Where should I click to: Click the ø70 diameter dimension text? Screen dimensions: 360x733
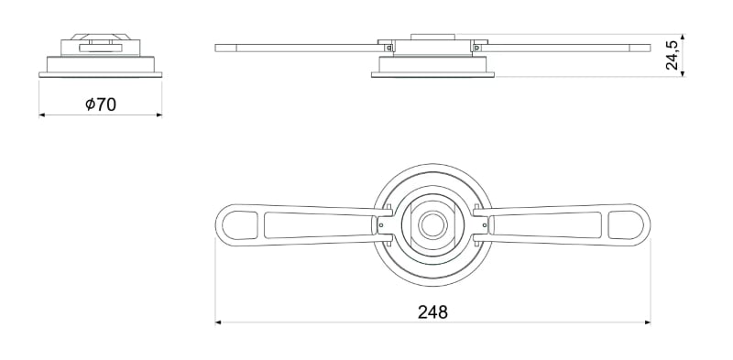point(100,104)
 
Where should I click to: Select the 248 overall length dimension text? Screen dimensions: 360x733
point(432,311)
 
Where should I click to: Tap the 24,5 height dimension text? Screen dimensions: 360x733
point(673,55)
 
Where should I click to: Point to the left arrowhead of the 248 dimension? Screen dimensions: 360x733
point(219,322)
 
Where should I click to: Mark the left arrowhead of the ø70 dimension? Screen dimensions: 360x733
point(43,115)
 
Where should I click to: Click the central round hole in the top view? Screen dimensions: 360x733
point(432,224)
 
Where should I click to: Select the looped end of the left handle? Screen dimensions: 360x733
point(238,224)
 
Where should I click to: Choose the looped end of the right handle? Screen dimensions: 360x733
point(627,224)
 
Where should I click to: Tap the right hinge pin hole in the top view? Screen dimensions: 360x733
point(483,223)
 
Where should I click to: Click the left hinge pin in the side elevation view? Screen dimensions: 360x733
point(390,47)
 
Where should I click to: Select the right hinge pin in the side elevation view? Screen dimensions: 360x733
point(475,47)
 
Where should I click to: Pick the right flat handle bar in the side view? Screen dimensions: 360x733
point(568,47)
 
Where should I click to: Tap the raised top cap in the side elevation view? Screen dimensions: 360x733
point(432,38)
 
